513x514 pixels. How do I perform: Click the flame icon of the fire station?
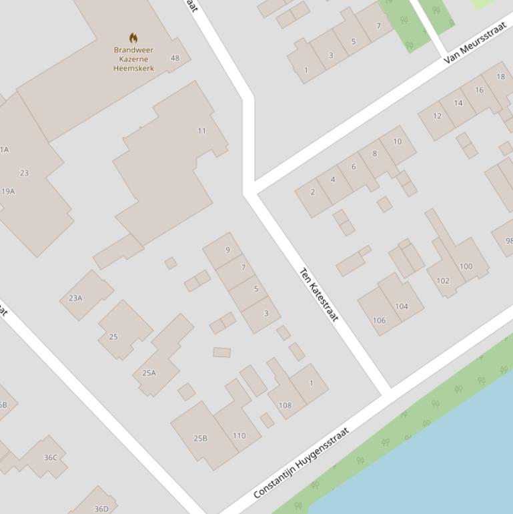pyautogui.click(x=133, y=38)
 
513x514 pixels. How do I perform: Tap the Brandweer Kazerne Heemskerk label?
pyautogui.click(x=133, y=59)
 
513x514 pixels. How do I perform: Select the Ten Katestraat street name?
pyautogui.click(x=319, y=294)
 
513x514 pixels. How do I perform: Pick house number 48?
pyautogui.click(x=175, y=58)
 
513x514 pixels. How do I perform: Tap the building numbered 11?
pyautogui.click(x=201, y=131)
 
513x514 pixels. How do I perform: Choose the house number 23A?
pyautogui.click(x=75, y=298)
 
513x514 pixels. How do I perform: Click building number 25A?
pyautogui.click(x=149, y=373)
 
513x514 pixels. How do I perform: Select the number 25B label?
pyautogui.click(x=200, y=439)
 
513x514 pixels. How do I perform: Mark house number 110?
pyautogui.click(x=239, y=436)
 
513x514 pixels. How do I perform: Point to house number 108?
pyautogui.click(x=285, y=405)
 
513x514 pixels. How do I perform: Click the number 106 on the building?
pyautogui.click(x=379, y=320)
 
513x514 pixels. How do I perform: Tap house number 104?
pyautogui.click(x=402, y=307)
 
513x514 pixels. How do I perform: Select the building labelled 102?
pyautogui.click(x=442, y=281)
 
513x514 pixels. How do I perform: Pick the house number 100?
pyautogui.click(x=466, y=266)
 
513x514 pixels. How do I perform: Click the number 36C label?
pyautogui.click(x=51, y=458)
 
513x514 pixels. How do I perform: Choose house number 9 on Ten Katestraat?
pyautogui.click(x=227, y=250)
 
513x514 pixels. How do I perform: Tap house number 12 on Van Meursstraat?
pyautogui.click(x=437, y=116)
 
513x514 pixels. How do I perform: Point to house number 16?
pyautogui.click(x=479, y=90)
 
